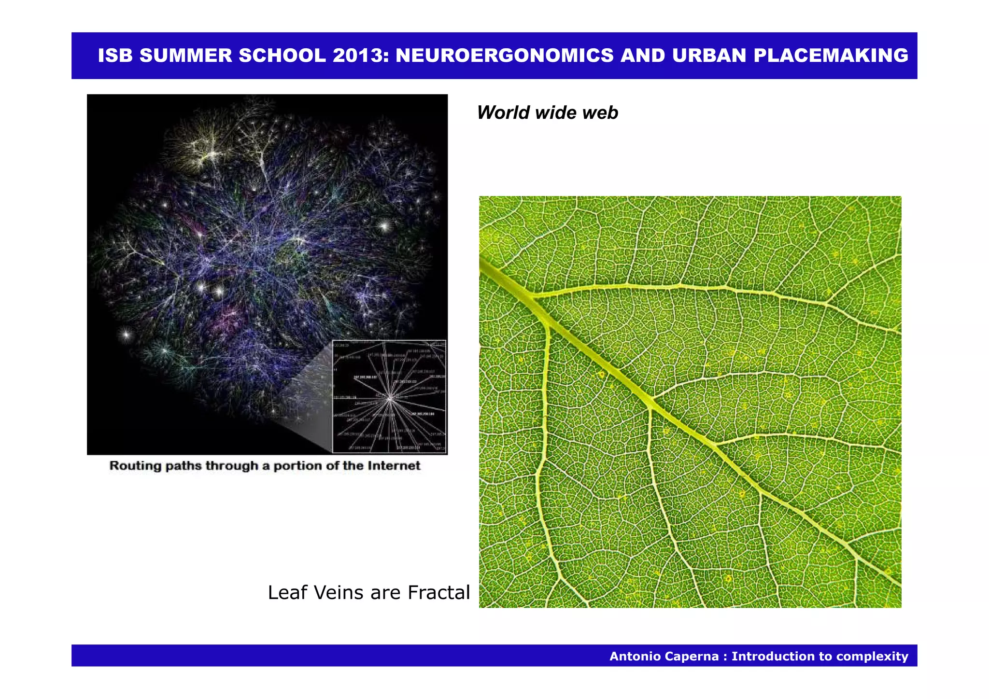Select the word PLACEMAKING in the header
click(831, 56)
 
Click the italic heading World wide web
click(547, 112)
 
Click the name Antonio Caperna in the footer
click(664, 656)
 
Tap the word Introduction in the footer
click(771, 656)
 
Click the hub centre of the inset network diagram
click(390, 398)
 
